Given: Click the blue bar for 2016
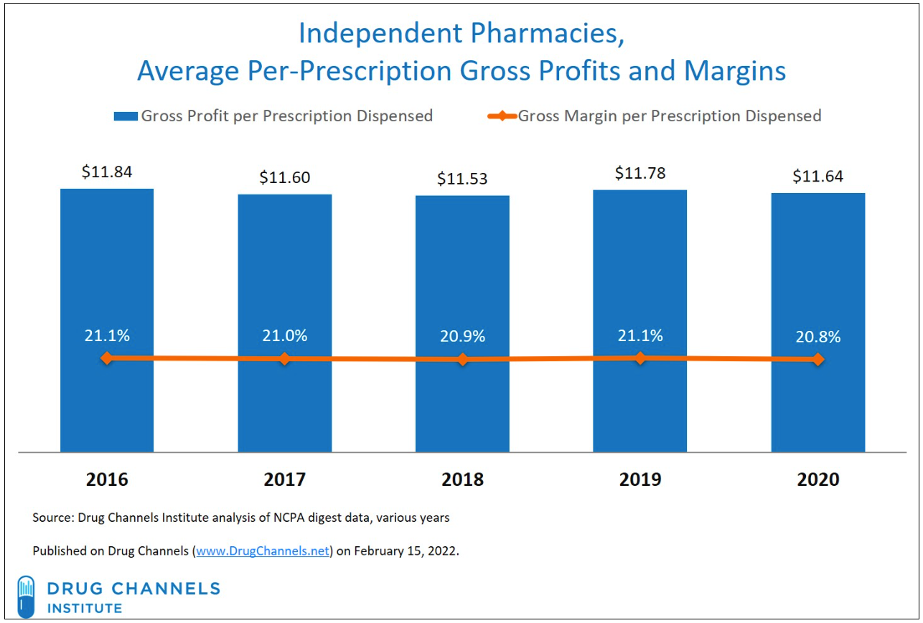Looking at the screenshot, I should coord(107,287).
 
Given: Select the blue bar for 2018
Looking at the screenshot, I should coord(462,287).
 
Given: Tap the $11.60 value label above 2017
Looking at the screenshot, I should coord(285,177).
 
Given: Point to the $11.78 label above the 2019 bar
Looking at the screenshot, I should coord(639,173).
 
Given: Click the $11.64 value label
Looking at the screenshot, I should coord(817,176).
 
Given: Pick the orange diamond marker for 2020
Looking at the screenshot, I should coord(817,360).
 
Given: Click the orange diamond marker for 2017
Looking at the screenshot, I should coord(285,358).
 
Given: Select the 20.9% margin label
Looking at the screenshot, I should coord(462,336).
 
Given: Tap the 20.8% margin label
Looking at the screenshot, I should coord(817,336).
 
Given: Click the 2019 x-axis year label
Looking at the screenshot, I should coord(640,479).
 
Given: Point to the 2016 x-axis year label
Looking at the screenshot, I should coord(107,479).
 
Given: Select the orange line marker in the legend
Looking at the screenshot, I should coord(502,116).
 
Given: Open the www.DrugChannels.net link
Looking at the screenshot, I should coord(263,551).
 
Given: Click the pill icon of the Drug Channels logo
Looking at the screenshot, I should coord(25,594).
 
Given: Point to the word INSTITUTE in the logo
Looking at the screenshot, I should coord(85,608).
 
